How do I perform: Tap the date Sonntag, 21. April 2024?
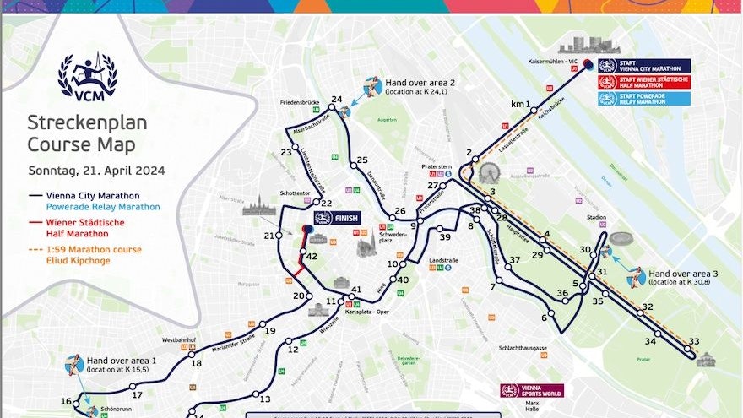96,170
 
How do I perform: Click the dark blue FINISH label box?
337,217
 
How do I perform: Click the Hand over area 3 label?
683,274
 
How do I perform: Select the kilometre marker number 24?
337,100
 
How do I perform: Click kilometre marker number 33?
694,342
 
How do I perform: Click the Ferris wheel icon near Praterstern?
489,173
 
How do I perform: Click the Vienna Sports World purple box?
531,391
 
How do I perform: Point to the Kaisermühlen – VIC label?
553,61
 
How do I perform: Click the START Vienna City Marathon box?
643,65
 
